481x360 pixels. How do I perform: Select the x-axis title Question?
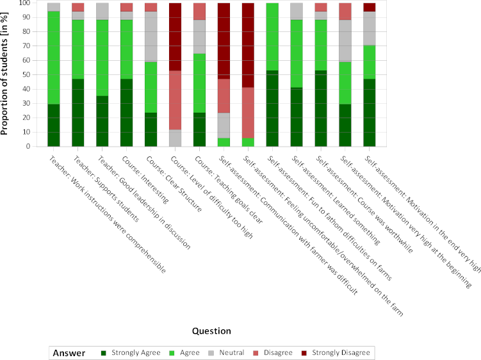point(212,331)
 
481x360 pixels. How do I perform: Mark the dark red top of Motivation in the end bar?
point(370,7)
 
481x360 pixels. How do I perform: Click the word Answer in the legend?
point(69,352)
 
